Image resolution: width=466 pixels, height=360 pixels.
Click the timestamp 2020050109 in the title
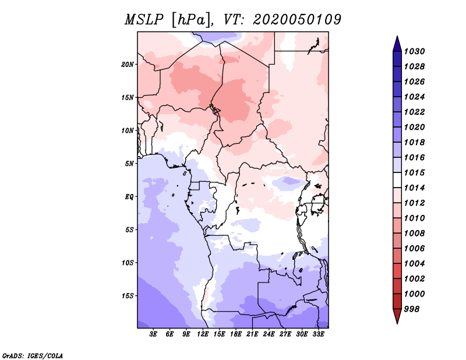point(296,19)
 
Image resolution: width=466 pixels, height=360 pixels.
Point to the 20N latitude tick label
point(128,64)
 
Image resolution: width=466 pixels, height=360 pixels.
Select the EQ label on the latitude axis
point(129,196)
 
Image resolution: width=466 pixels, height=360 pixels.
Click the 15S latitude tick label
point(128,295)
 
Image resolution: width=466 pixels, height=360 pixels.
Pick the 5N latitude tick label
point(129,163)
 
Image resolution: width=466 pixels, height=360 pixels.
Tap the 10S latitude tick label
point(128,263)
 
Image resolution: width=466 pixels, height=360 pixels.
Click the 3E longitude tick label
point(154,334)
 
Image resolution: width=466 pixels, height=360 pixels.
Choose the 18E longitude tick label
point(236,334)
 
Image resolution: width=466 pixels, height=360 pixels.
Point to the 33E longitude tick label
point(319,334)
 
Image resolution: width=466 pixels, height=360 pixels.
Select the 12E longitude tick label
point(203,334)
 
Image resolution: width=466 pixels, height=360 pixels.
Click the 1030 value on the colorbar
point(417,51)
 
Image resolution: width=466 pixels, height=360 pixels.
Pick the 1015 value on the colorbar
point(417,173)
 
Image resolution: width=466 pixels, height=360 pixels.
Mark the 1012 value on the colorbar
point(417,203)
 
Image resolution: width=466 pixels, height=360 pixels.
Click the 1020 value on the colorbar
point(417,127)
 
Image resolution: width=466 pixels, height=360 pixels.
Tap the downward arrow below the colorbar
point(397,317)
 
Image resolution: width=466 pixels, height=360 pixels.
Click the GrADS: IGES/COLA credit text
point(32,355)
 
